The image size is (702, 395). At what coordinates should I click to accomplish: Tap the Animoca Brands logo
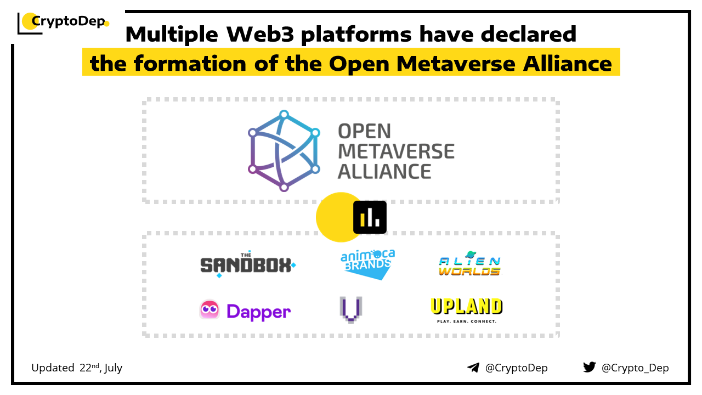click(367, 264)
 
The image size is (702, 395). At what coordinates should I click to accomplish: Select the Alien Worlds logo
click(469, 264)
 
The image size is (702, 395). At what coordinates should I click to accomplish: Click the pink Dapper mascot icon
click(210, 310)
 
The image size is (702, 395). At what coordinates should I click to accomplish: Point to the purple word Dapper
click(258, 312)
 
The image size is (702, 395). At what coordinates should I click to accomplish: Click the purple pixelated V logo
click(351, 309)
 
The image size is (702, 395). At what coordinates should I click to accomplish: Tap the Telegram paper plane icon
click(473, 368)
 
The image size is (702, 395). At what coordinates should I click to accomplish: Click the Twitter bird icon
click(589, 367)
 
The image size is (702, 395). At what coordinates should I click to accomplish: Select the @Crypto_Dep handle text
click(635, 368)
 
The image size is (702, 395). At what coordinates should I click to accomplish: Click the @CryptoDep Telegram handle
click(516, 368)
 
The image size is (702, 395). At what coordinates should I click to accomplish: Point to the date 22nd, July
click(101, 368)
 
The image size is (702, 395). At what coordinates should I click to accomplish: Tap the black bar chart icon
click(370, 217)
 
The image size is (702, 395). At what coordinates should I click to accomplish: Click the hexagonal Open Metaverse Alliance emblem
click(284, 151)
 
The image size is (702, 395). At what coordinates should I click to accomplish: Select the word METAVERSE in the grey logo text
click(396, 151)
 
